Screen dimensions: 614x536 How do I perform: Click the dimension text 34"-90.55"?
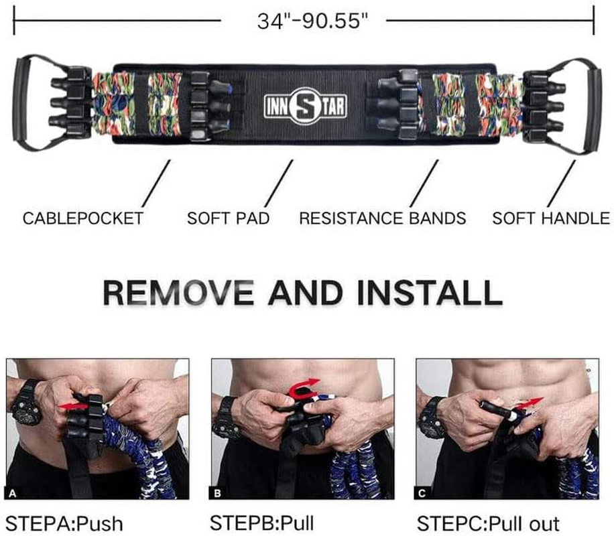click(x=312, y=21)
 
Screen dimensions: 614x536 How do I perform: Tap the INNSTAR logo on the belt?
click(x=305, y=106)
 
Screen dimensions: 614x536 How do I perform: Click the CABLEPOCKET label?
click(x=83, y=218)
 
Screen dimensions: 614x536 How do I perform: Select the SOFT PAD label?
click(x=229, y=218)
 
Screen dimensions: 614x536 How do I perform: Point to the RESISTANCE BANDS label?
click(x=383, y=218)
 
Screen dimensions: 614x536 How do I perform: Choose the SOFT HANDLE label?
click(x=551, y=218)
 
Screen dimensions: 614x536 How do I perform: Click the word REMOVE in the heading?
click(x=178, y=293)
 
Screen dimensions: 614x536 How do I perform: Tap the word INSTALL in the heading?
click(x=430, y=293)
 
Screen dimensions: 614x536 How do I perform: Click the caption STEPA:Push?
click(x=64, y=524)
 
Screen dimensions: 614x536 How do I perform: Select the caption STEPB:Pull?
click(x=262, y=523)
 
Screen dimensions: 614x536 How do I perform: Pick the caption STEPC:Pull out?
click(x=488, y=524)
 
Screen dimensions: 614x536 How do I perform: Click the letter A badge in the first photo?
click(x=13, y=493)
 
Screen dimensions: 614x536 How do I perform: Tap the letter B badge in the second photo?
click(x=218, y=493)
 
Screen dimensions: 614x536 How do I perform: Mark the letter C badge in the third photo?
click(x=422, y=493)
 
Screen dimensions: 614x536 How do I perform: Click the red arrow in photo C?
click(x=529, y=403)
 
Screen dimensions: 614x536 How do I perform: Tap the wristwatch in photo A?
click(x=26, y=403)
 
